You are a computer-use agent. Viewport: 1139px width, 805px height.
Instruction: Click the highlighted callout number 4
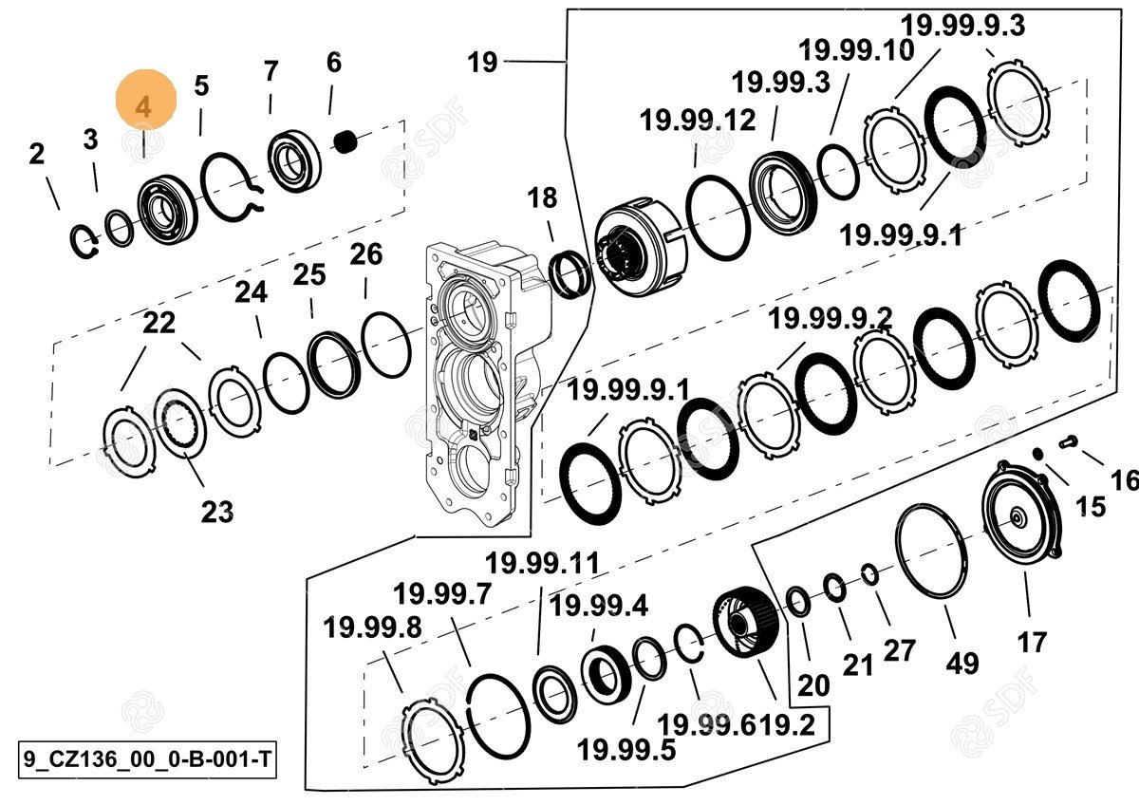point(144,104)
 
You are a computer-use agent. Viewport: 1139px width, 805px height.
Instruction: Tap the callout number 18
point(543,198)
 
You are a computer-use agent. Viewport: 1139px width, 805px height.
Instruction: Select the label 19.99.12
point(698,121)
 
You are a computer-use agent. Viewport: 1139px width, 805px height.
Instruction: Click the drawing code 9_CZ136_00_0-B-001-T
point(147,759)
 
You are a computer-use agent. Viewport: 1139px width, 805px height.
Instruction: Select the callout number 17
point(1032,642)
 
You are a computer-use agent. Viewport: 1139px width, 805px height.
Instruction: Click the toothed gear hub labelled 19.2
point(748,623)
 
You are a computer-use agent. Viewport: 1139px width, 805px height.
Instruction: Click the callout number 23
point(216,512)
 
